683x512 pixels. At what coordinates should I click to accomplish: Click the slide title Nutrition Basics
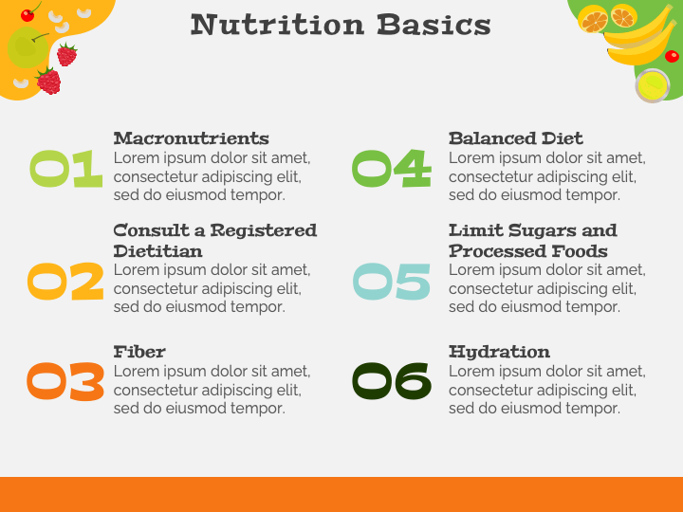[x=341, y=24]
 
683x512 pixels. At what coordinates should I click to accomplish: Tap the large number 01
[x=65, y=169]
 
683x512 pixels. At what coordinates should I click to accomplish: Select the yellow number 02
[x=65, y=282]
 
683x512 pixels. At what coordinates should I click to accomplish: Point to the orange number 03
[x=65, y=382]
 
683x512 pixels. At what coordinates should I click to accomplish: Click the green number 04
[x=391, y=169]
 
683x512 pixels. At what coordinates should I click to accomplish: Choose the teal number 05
[x=391, y=282]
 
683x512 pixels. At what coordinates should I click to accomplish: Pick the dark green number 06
[x=391, y=382]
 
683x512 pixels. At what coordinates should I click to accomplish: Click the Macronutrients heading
[x=191, y=138]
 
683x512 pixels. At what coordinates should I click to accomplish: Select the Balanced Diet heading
[x=515, y=138]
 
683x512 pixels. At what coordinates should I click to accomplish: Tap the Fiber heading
[x=139, y=352]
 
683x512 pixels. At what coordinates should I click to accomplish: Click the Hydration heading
[x=499, y=352]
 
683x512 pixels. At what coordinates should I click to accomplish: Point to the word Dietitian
[x=157, y=251]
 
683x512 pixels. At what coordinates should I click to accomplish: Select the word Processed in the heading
[x=489, y=251]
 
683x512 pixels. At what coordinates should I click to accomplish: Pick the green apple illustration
[x=27, y=47]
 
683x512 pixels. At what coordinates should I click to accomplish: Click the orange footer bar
[x=341, y=494]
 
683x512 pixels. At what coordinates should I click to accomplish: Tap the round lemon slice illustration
[x=652, y=86]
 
